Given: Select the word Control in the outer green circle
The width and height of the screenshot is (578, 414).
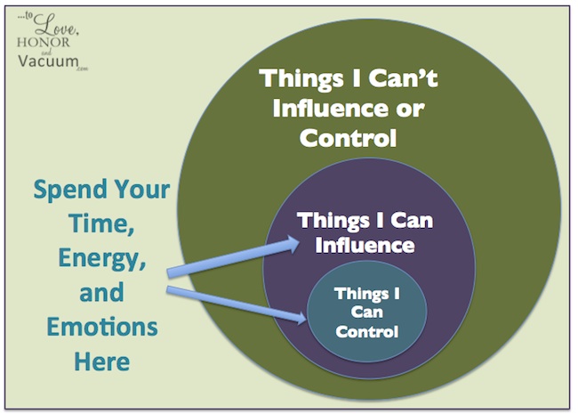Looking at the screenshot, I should [348, 138].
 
